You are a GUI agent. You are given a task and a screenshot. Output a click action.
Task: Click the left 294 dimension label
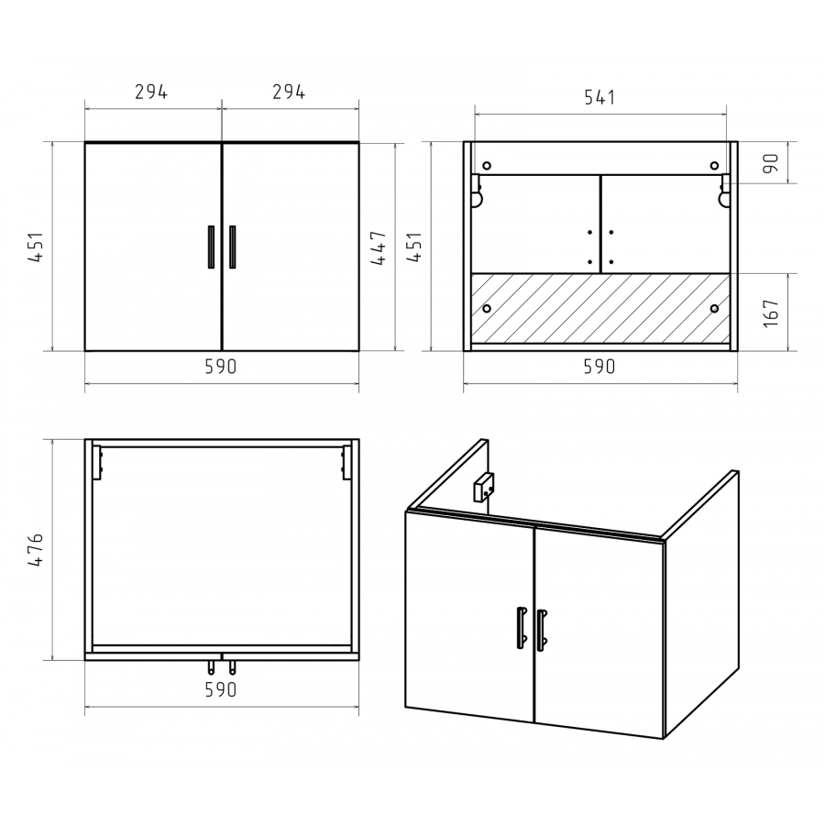[151, 92]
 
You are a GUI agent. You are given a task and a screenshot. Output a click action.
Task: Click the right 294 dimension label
[289, 92]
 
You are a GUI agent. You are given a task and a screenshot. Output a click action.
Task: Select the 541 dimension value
[599, 97]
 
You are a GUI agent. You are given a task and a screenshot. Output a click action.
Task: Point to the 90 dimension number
[771, 163]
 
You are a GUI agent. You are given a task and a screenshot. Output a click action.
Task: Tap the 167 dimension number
[771, 313]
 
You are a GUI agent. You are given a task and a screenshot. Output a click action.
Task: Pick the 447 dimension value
[379, 247]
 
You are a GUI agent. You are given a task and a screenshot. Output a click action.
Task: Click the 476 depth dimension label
[36, 549]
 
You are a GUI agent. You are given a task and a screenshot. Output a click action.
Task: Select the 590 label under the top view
[220, 689]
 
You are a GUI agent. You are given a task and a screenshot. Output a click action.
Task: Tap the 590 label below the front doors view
[220, 367]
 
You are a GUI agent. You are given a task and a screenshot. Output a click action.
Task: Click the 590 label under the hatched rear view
[599, 367]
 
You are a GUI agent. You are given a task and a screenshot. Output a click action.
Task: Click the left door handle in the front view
[211, 247]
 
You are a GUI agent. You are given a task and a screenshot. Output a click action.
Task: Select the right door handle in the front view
[232, 247]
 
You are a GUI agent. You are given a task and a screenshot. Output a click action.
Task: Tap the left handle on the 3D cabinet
[522, 627]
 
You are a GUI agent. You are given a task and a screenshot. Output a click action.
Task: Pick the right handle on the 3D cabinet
[542, 631]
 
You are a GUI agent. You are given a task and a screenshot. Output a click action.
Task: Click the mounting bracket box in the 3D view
[483, 487]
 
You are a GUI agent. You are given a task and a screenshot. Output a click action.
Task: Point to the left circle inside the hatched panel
[487, 308]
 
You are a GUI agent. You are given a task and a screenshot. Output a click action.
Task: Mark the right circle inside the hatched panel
[714, 308]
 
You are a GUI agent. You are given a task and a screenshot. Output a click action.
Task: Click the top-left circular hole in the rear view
[487, 166]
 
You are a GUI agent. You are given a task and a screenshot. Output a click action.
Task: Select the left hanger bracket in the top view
[97, 463]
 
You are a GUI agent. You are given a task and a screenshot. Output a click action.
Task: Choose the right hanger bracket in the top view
[346, 463]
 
